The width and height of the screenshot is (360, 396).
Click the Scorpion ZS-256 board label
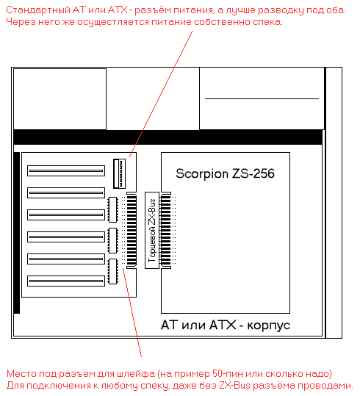coord(225,173)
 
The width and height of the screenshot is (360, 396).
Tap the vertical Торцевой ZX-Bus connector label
coord(152,231)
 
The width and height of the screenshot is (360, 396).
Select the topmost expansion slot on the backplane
coord(66,170)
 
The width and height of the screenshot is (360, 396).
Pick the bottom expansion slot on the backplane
coord(66,281)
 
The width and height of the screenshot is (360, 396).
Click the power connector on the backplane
coord(119,173)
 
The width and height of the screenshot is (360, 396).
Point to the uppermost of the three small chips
coord(113,209)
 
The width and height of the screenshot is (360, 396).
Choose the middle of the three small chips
coord(113,240)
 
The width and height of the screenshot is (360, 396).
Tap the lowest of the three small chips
coord(113,271)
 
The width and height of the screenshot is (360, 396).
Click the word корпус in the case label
coord(268,325)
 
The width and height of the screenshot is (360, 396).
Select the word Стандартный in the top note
coord(38,10)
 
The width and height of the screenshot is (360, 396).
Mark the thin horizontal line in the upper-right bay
coord(262,98)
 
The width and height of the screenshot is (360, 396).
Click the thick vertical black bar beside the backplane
coord(17,233)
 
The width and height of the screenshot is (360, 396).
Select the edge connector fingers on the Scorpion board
coord(166,231)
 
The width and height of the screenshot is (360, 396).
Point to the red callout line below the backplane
coord(132,313)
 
